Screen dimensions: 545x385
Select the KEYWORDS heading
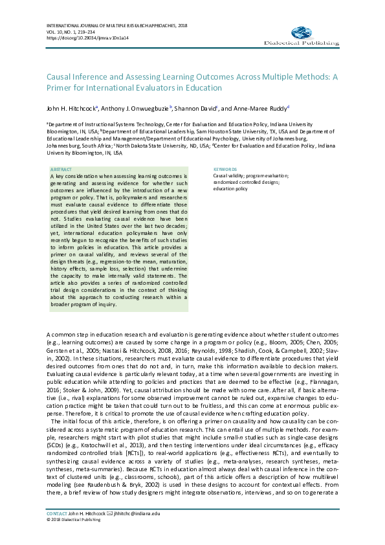[225, 169]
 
